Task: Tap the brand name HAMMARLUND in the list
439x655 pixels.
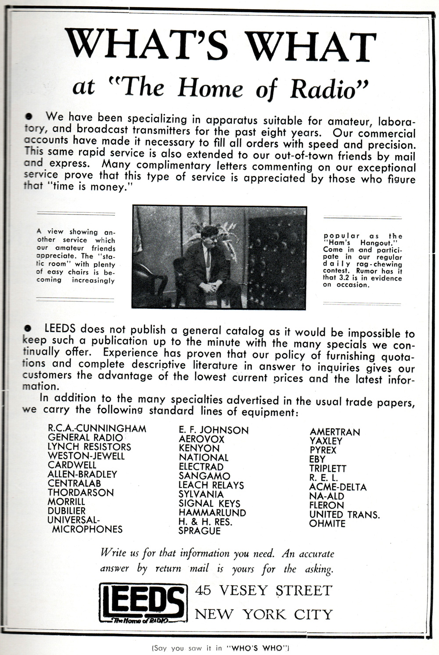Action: (212, 513)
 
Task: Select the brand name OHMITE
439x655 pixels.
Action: (327, 524)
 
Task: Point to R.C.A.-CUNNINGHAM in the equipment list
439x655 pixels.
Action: (97, 428)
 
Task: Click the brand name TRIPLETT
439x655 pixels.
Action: (327, 469)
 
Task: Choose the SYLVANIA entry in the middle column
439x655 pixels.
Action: (201, 494)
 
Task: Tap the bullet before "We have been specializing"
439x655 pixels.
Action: (29, 116)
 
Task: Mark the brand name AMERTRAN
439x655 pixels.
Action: (335, 432)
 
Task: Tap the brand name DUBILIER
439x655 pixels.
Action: (67, 511)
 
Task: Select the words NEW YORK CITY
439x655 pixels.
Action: (263, 614)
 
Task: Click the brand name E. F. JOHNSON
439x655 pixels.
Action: (213, 430)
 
